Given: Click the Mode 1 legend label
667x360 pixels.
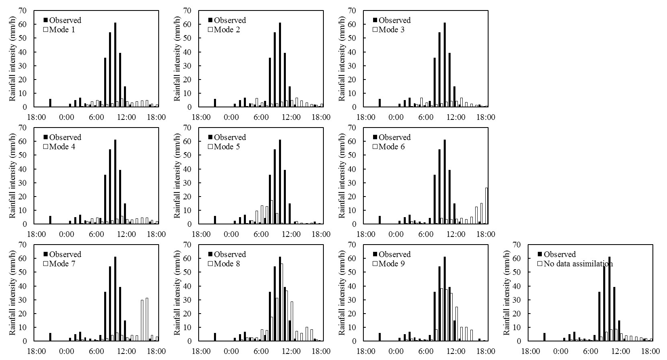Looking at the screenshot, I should (x=62, y=30).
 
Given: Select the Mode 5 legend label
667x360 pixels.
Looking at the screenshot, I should (x=227, y=147).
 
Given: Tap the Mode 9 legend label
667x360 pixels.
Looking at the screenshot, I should (x=391, y=264).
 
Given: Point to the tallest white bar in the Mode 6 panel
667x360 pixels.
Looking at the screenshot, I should (x=486, y=206).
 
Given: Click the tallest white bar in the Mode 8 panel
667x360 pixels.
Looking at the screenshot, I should (x=281, y=302).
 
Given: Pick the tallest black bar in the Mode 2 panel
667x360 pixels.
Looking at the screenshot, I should (x=280, y=65).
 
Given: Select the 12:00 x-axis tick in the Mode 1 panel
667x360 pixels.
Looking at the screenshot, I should (x=126, y=117).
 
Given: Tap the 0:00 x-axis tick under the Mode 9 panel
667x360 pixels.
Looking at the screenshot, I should (x=396, y=352).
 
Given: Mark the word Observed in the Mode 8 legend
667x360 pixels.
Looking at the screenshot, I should (x=230, y=255).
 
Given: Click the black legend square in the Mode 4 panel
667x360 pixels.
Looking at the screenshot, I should (x=46, y=137).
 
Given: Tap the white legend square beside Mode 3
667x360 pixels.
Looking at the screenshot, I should (x=375, y=30).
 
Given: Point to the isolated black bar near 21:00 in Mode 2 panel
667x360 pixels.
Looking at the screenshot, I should (x=215, y=103).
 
